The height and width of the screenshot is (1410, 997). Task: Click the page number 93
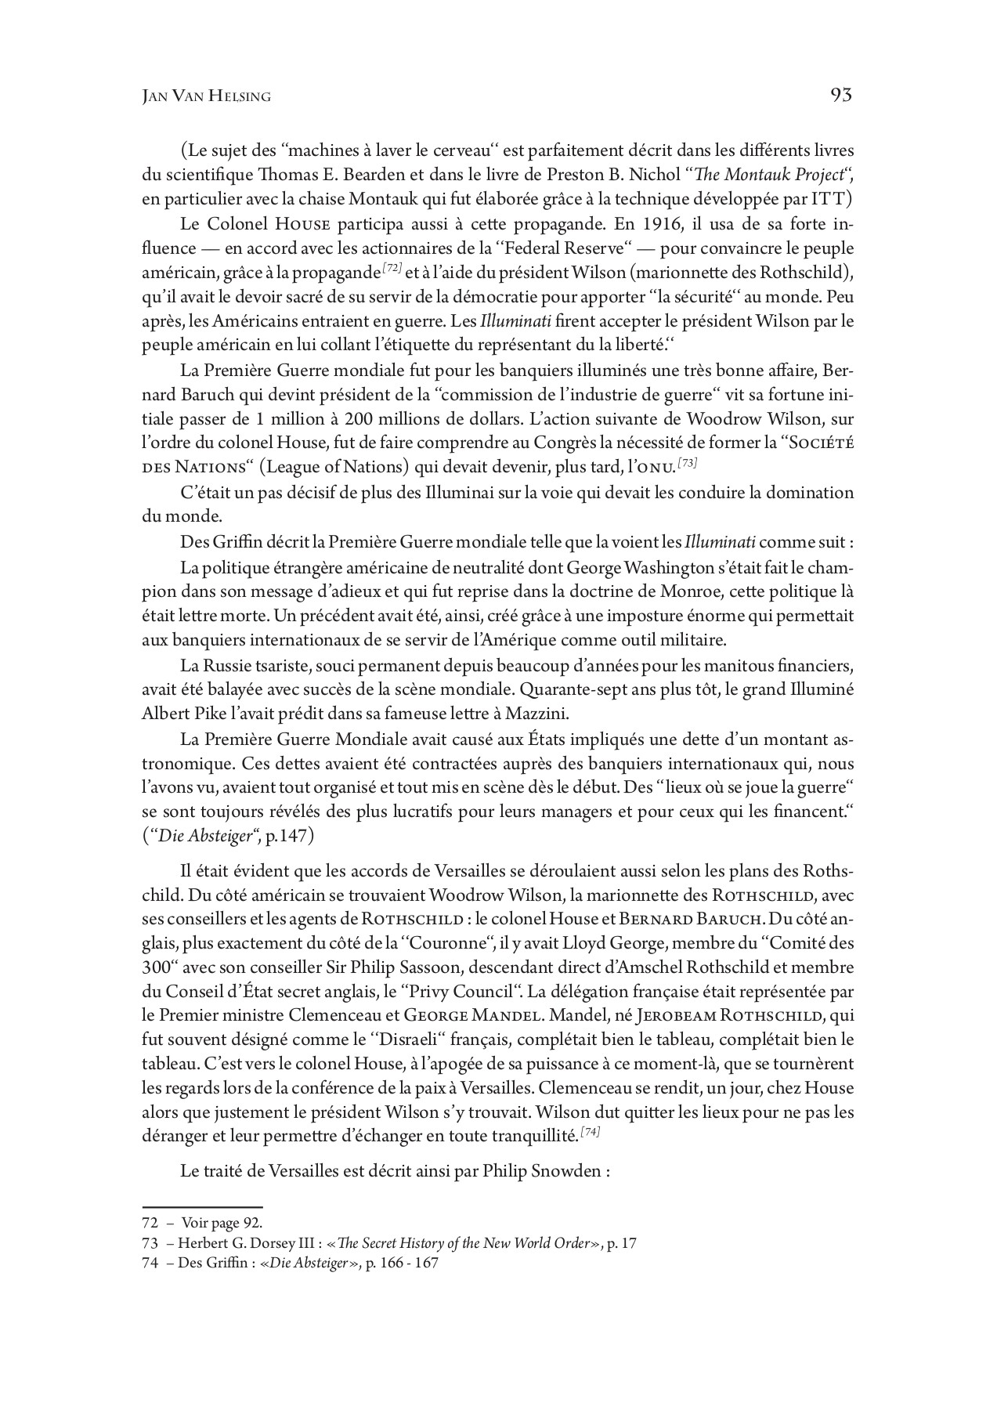point(840,96)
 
